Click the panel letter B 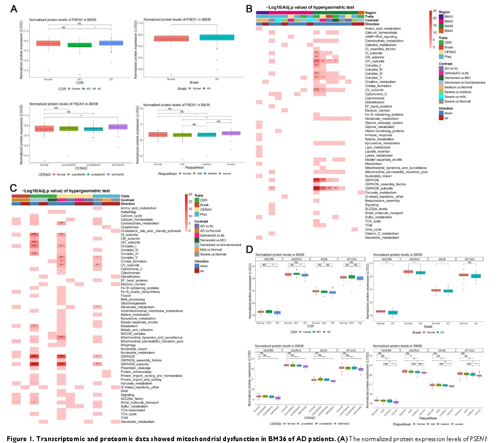point(249,8)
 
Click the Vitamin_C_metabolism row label point(382,233)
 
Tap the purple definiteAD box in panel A point(112,127)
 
